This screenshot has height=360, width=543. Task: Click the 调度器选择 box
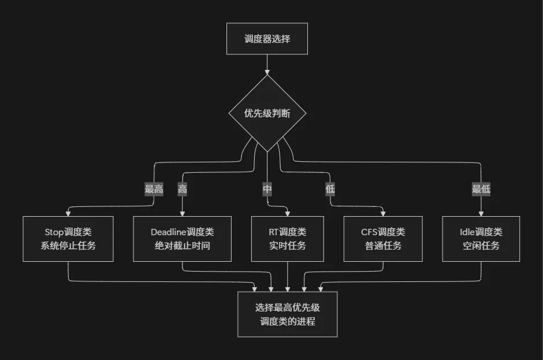267,39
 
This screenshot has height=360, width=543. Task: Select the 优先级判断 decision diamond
267,113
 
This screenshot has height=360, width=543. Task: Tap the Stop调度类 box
68,239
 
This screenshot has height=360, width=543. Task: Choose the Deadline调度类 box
183,239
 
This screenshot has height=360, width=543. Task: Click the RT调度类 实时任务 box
288,239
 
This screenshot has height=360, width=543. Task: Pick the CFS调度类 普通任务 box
383,239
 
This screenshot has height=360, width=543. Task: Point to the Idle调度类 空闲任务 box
481,239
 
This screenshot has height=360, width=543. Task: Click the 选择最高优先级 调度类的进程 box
288,314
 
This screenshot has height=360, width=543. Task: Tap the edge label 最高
154,190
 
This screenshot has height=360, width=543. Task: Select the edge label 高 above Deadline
183,190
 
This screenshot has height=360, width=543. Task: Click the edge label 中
267,190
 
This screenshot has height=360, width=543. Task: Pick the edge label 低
330,190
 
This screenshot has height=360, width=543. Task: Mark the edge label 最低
481,190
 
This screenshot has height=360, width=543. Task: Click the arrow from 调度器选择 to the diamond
267,64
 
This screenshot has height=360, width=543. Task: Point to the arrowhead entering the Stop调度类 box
68,213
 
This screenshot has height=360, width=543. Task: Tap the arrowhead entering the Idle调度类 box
481,213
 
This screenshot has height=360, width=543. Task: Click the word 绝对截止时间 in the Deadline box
183,246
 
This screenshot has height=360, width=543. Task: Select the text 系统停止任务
68,246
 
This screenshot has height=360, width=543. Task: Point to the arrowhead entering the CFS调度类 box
383,213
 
